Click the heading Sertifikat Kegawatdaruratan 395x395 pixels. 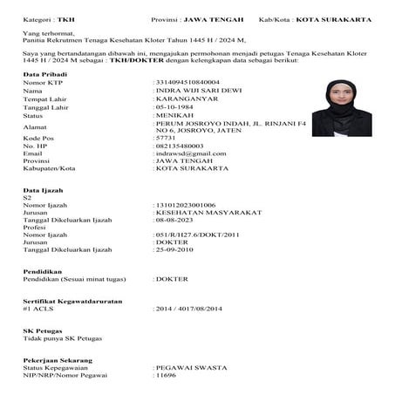coord(72,301)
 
